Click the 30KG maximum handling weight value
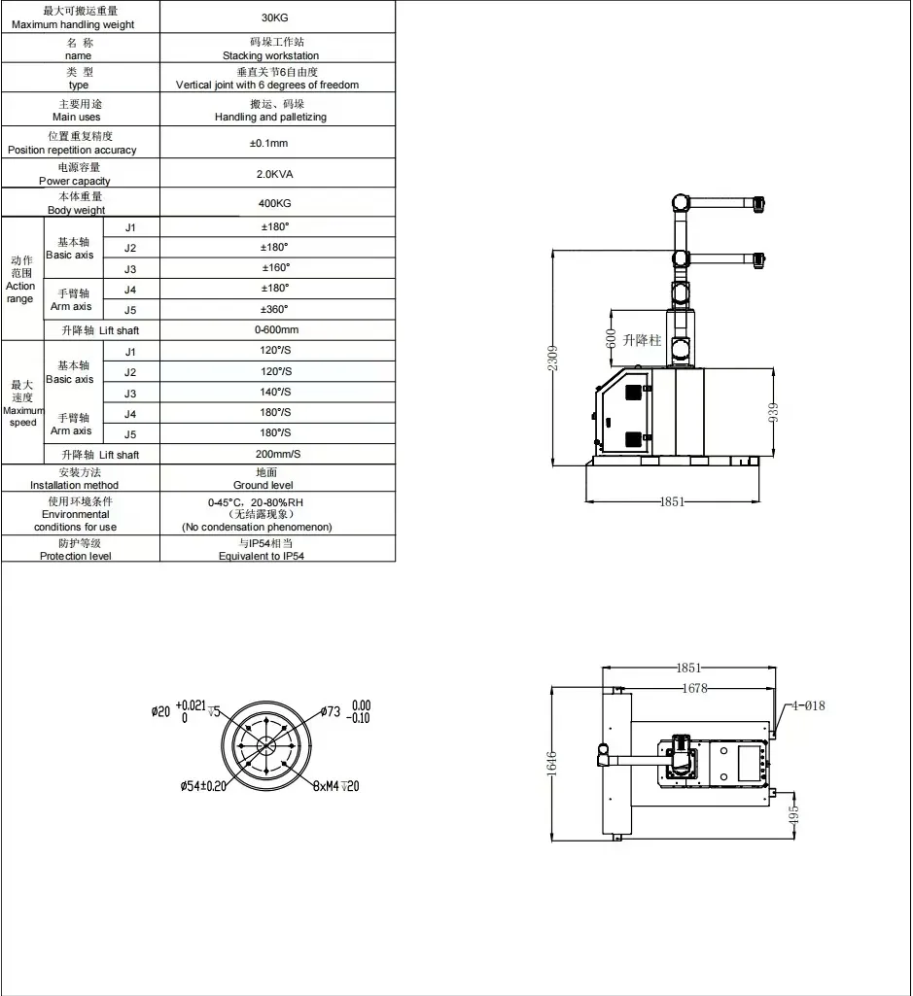[274, 17]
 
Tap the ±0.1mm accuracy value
[269, 143]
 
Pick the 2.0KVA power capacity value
[274, 174]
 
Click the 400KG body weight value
[274, 203]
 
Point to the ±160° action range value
[276, 267]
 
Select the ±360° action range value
[274, 309]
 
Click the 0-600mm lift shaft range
[276, 329]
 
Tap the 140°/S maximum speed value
[275, 392]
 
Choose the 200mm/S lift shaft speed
[278, 454]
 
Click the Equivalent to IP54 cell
[262, 549]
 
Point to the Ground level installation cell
[263, 478]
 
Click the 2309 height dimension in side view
[552, 359]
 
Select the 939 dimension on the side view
[773, 412]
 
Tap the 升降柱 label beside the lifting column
[642, 340]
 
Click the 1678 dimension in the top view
[694, 688]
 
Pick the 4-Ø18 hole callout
[808, 705]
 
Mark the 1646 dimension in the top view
[551, 763]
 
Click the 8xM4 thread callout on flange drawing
[336, 786]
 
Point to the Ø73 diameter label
[330, 711]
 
